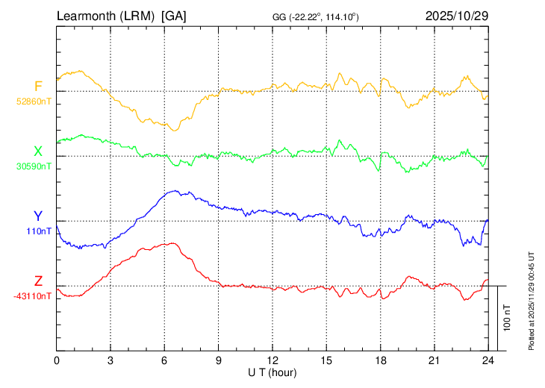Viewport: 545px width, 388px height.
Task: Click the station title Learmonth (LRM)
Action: (106, 16)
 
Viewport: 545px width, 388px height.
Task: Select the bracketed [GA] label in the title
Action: (174, 16)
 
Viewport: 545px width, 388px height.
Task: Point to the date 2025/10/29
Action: (456, 16)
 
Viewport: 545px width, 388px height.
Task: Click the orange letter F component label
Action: (38, 87)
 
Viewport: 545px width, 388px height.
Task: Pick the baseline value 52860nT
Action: (34, 100)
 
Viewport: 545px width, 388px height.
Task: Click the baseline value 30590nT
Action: (34, 166)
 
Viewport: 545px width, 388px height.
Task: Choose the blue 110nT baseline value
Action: (40, 231)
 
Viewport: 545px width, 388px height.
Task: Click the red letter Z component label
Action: (38, 281)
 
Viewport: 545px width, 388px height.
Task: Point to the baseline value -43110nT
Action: (33, 295)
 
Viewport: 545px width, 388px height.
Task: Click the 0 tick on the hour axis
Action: (57, 360)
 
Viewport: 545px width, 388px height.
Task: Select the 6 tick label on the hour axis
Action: (164, 360)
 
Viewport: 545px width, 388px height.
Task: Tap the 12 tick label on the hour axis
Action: (272, 360)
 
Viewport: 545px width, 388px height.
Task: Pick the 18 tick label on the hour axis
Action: (380, 360)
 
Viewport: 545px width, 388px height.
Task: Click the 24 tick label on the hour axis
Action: (488, 360)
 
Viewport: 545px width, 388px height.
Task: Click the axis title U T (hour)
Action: (272, 372)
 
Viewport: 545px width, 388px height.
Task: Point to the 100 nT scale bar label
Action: (508, 318)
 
